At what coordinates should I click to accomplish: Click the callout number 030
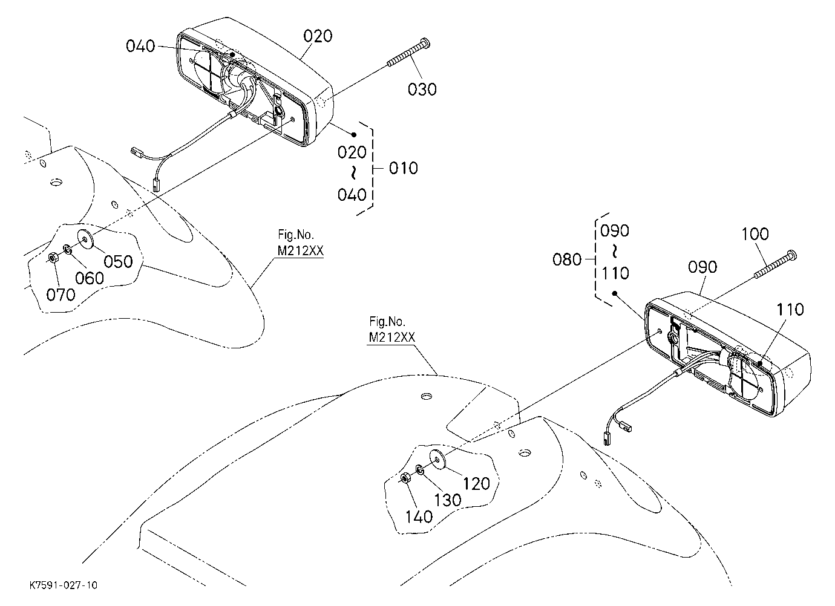pos(422,90)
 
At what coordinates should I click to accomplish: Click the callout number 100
pos(755,234)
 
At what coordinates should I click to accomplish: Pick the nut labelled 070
pos(52,257)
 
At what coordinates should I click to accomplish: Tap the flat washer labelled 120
pos(438,461)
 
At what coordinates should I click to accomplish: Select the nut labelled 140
pos(405,478)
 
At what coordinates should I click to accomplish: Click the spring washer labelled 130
pos(420,469)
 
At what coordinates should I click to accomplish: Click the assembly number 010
pos(404,169)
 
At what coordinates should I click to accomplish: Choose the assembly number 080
pos(566,260)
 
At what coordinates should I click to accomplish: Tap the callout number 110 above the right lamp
pos(790,309)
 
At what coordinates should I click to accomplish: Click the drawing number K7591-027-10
pos(64,585)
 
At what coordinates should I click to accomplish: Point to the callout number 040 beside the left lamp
pos(140,46)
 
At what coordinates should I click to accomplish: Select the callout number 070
pos(61,295)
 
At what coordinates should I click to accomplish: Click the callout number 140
pos(419,517)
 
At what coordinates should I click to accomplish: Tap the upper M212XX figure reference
pos(301,251)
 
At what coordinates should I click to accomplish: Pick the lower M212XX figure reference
pos(391,337)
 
